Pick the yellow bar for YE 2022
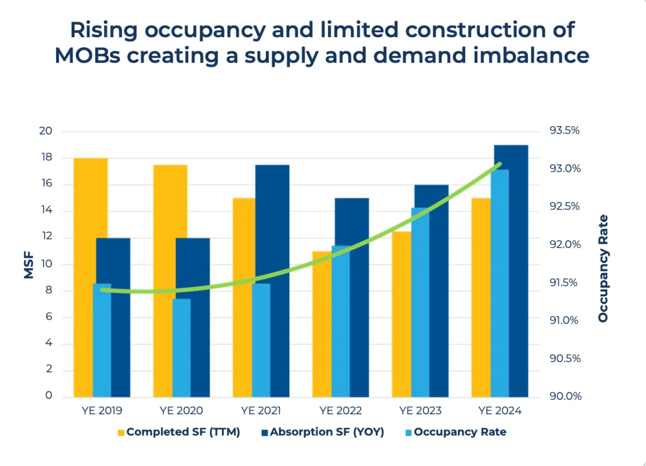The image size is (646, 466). tap(322, 323)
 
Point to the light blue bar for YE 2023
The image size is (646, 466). tap(420, 302)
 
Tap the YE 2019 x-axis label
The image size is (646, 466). tap(102, 411)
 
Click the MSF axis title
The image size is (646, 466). tap(29, 264)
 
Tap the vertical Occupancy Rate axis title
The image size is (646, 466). tap(603, 268)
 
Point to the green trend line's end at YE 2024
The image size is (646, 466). tap(500, 164)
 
